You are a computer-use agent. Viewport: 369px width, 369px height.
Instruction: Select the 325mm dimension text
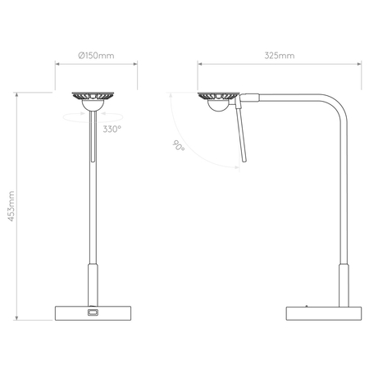click(x=280, y=56)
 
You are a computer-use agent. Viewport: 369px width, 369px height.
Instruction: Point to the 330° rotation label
click(x=112, y=129)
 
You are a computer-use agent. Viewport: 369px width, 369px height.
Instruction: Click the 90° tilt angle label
click(x=179, y=147)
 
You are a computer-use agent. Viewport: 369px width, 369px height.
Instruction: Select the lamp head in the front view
click(x=92, y=96)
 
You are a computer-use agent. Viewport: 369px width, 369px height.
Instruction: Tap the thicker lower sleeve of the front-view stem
click(x=92, y=284)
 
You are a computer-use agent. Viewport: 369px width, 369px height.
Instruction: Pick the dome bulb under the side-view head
click(x=218, y=104)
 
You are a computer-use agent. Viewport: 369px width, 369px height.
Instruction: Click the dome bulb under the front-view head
click(x=92, y=104)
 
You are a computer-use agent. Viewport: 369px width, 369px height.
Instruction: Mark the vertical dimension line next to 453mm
click(x=19, y=208)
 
